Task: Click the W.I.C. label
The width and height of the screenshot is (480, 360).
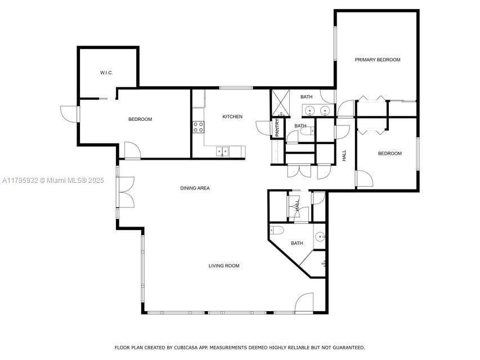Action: [107, 73]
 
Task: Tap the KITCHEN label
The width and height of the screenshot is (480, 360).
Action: [232, 116]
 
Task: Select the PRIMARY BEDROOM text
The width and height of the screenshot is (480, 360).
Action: [377, 60]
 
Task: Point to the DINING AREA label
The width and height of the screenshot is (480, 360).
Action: [195, 188]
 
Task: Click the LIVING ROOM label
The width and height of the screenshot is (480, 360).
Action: [224, 265]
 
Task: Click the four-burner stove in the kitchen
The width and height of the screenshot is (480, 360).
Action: [198, 127]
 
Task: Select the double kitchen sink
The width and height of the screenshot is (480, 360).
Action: [223, 151]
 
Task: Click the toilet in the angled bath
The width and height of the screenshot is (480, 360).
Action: [276, 229]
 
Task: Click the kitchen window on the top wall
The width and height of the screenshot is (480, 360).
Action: [236, 88]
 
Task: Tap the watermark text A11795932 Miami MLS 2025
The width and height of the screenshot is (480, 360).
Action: [53, 181]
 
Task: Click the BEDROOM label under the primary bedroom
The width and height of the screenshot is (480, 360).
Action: [389, 154]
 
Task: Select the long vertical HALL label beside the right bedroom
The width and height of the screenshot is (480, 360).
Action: [344, 155]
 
